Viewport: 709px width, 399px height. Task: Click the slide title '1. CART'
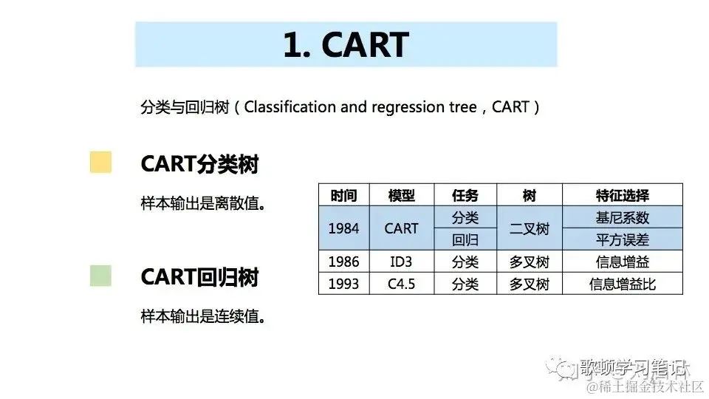coord(346,45)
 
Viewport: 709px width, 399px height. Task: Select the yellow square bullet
coord(100,163)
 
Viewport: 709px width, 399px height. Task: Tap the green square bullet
coord(100,276)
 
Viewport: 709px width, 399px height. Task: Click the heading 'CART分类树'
coord(199,164)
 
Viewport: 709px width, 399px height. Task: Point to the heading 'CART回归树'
coord(199,278)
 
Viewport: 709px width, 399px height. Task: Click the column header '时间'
coord(343,196)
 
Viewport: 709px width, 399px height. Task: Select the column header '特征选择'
coord(622,196)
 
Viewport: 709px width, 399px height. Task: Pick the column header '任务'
coord(465,196)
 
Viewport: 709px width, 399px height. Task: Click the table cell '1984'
coord(343,229)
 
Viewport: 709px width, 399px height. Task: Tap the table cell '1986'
coord(343,262)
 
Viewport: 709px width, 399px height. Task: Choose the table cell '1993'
coord(343,284)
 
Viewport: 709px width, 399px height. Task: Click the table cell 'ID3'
coord(401,262)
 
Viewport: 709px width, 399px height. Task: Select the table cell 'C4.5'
coord(401,284)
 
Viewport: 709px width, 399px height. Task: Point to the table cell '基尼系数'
coord(622,218)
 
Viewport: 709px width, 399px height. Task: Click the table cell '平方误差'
coord(622,240)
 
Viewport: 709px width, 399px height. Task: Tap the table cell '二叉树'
coord(530,229)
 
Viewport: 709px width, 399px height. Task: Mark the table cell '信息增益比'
coord(622,284)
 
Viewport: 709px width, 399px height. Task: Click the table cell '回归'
coord(465,240)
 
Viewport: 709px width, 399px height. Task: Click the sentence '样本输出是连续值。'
coord(202,317)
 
